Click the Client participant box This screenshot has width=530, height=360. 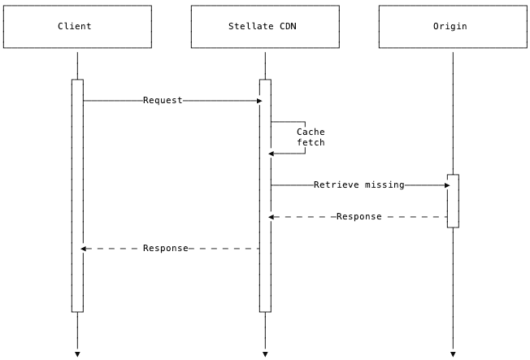[x=77, y=27]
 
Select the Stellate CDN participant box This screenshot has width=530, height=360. [x=265, y=27]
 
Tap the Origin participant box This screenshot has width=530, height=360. [x=453, y=27]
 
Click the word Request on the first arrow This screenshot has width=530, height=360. [x=163, y=101]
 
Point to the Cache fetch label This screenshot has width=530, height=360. [x=311, y=137]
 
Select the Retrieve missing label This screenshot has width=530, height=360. [x=358, y=185]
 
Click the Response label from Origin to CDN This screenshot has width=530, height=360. [x=358, y=217]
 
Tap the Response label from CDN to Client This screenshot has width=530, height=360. [x=165, y=249]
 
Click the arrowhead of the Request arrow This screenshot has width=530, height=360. [x=259, y=101]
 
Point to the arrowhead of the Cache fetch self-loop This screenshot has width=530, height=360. [x=272, y=154]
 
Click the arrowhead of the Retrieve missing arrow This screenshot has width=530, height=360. [x=446, y=185]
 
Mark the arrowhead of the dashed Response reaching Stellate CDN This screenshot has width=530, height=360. [x=272, y=217]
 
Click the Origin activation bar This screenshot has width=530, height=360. [x=453, y=201]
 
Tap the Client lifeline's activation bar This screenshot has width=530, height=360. [x=77, y=195]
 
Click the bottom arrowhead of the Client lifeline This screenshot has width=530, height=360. [x=77, y=353]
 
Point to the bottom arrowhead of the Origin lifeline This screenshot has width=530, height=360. [x=453, y=353]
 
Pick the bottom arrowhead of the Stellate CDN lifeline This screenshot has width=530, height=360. [x=265, y=353]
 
